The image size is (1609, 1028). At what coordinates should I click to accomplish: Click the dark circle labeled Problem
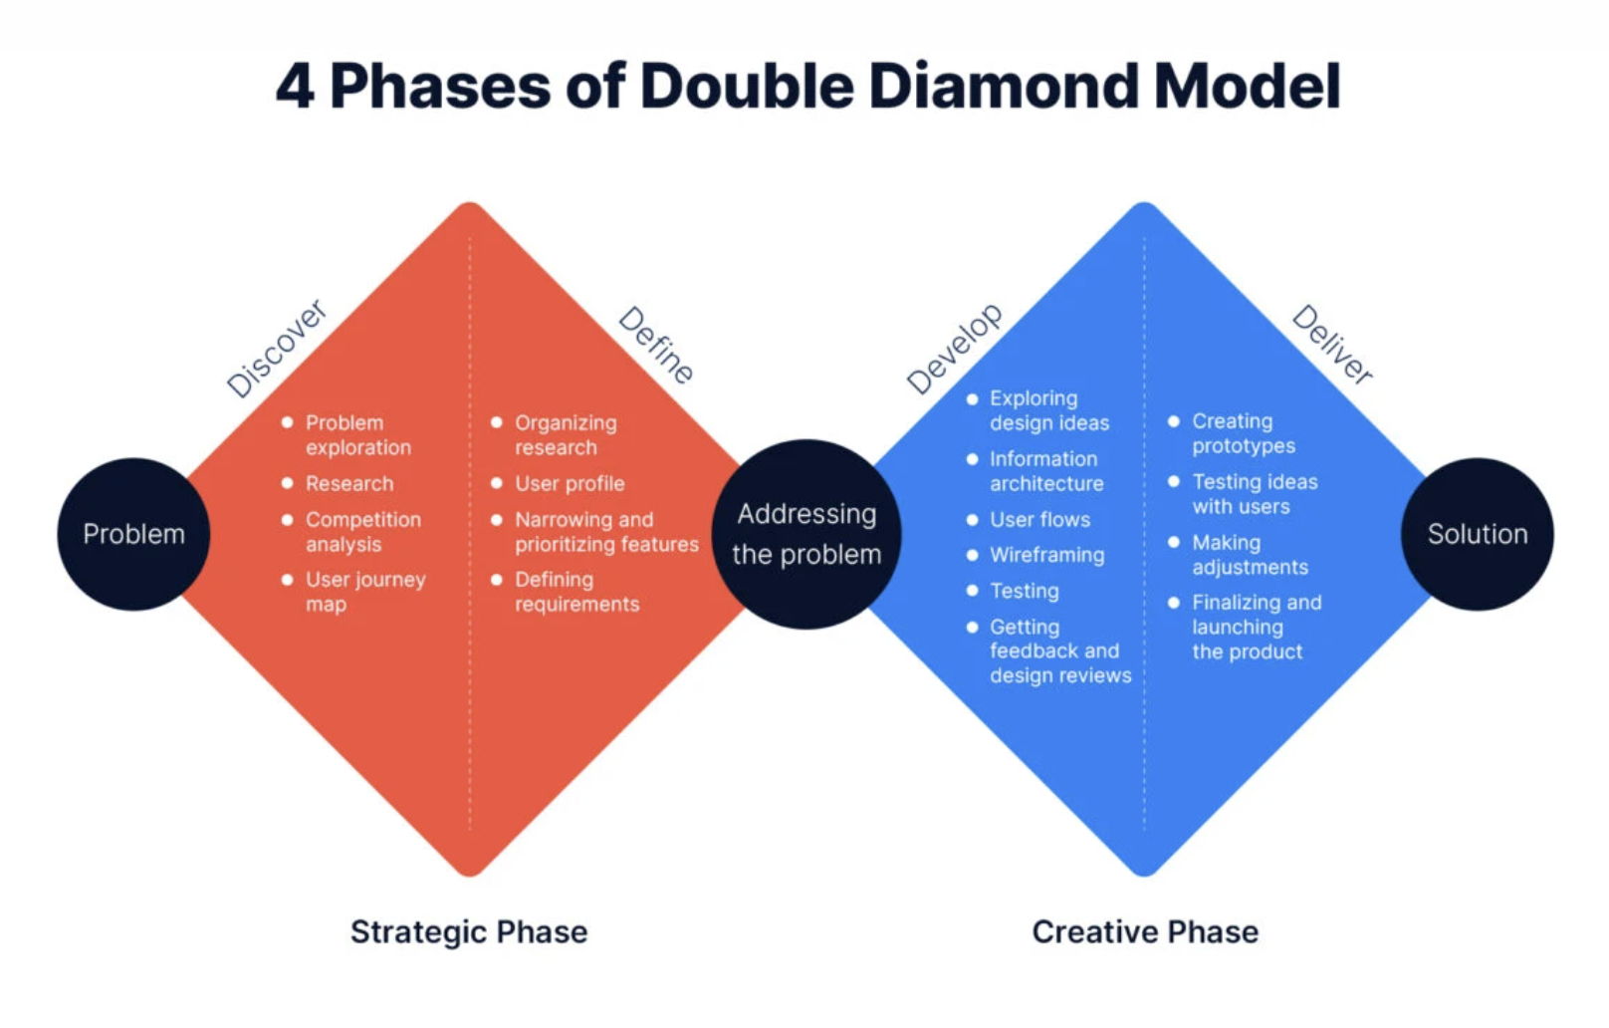(133, 534)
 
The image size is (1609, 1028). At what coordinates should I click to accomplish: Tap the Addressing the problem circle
(806, 534)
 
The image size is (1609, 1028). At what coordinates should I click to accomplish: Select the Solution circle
(1477, 534)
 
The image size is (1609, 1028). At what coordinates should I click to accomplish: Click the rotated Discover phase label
(276, 349)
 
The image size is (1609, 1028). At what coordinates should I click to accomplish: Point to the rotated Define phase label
(656, 346)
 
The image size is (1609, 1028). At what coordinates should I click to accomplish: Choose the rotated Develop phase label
(955, 349)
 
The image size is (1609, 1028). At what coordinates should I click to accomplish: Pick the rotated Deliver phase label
(1332, 345)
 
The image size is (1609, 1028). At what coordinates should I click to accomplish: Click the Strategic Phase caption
(469, 931)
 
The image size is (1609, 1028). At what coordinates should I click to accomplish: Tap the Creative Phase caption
(1145, 931)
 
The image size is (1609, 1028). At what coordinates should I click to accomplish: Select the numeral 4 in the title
(295, 87)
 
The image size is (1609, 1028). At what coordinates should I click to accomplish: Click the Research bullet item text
(349, 483)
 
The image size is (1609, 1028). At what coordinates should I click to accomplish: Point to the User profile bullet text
(570, 483)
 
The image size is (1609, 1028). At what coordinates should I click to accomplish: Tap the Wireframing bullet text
(1046, 555)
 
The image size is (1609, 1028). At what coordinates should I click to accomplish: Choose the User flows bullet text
(1039, 519)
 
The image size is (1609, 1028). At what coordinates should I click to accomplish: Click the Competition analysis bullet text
(362, 532)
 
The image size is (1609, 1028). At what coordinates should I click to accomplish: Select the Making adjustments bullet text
(1250, 555)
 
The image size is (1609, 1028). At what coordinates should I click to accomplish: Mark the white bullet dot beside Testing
(973, 591)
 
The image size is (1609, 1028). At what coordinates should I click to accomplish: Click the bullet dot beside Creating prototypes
(1174, 421)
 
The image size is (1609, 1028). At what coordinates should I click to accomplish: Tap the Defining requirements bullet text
(575, 592)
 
